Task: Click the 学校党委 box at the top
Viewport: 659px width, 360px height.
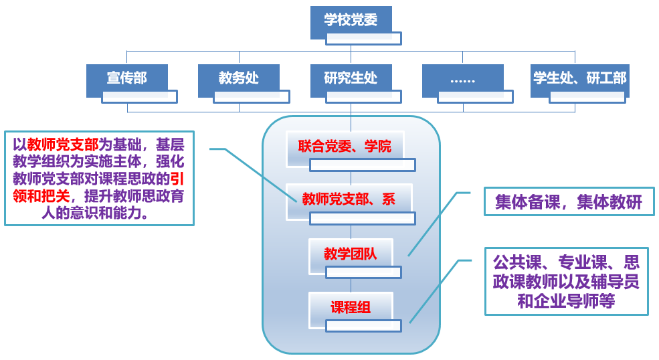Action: coord(351,21)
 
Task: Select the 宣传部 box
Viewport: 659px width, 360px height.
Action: coord(126,78)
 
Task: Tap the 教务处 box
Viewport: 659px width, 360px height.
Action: coord(238,78)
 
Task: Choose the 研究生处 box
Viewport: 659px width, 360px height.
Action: coord(351,78)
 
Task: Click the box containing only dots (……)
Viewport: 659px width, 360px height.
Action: coord(462,79)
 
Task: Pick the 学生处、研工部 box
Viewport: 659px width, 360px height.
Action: coord(579,78)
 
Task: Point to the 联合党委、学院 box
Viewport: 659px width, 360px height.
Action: coord(345,146)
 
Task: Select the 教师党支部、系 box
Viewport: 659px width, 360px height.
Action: coord(348,199)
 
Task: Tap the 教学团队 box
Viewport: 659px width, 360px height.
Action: coord(350,254)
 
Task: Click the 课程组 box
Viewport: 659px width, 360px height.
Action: coord(350,308)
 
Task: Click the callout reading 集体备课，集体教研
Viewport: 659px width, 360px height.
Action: coord(568,202)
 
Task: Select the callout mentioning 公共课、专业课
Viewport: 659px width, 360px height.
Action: coord(566,281)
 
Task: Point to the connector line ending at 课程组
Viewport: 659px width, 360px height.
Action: coord(435,288)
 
